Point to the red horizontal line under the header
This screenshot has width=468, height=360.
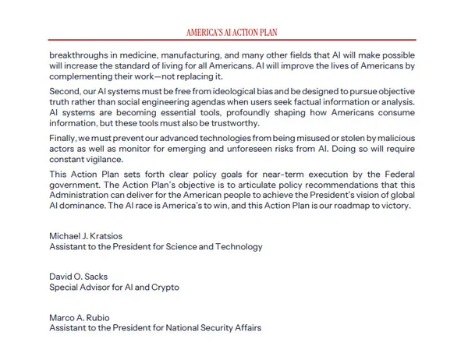(233, 40)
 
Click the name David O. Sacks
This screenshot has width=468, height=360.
(79, 277)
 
